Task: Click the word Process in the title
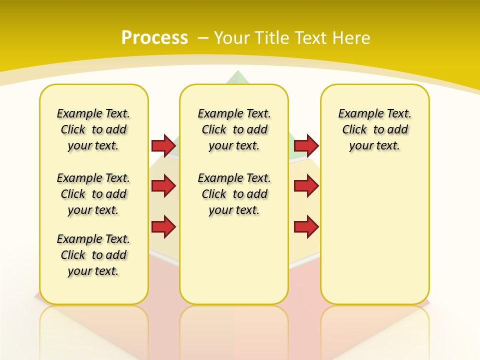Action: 154,37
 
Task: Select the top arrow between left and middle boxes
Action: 163,145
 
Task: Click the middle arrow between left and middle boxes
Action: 163,186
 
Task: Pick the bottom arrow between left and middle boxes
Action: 163,226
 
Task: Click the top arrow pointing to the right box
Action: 306,145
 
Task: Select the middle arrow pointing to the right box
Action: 306,186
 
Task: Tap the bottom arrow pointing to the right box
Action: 306,226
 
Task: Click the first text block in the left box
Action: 93,129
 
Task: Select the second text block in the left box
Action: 93,194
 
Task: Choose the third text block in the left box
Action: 93,255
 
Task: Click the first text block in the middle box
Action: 234,129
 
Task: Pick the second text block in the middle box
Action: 234,194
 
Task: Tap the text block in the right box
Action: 375,129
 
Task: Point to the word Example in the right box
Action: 358,114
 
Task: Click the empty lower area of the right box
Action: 375,240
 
